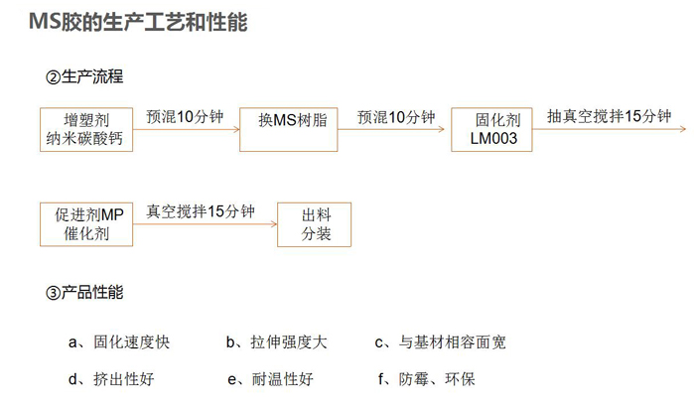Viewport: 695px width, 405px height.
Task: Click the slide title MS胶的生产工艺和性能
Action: coord(138,22)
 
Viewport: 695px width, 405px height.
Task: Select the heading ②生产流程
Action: coord(84,76)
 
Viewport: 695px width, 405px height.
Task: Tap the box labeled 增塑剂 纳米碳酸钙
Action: coord(86,129)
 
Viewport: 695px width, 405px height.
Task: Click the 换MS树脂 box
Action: coord(289,129)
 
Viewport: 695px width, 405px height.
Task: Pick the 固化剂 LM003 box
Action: coord(491,129)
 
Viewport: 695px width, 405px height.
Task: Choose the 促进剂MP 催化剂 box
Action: coord(86,224)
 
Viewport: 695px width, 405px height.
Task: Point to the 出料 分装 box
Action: coord(315,224)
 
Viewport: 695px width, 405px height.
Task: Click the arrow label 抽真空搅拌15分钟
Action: coord(609,116)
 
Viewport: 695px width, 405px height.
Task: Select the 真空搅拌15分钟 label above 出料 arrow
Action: coord(201,211)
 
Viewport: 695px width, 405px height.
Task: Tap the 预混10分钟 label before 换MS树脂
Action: coord(185,117)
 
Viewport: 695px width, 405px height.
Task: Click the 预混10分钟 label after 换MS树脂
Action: coord(396,117)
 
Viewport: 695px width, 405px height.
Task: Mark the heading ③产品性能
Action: coord(84,292)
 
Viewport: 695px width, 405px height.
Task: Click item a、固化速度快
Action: coord(119,342)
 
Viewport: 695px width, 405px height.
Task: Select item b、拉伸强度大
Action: coord(277,342)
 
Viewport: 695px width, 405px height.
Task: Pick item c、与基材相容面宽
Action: coord(440,342)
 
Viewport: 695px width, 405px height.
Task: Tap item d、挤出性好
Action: coord(111,379)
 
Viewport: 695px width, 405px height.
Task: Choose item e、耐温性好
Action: coord(270,379)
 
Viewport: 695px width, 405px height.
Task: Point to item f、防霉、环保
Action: coord(426,379)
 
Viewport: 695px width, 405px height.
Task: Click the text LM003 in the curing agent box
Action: coord(493,138)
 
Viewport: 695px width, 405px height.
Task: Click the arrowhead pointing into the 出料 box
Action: coord(274,224)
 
